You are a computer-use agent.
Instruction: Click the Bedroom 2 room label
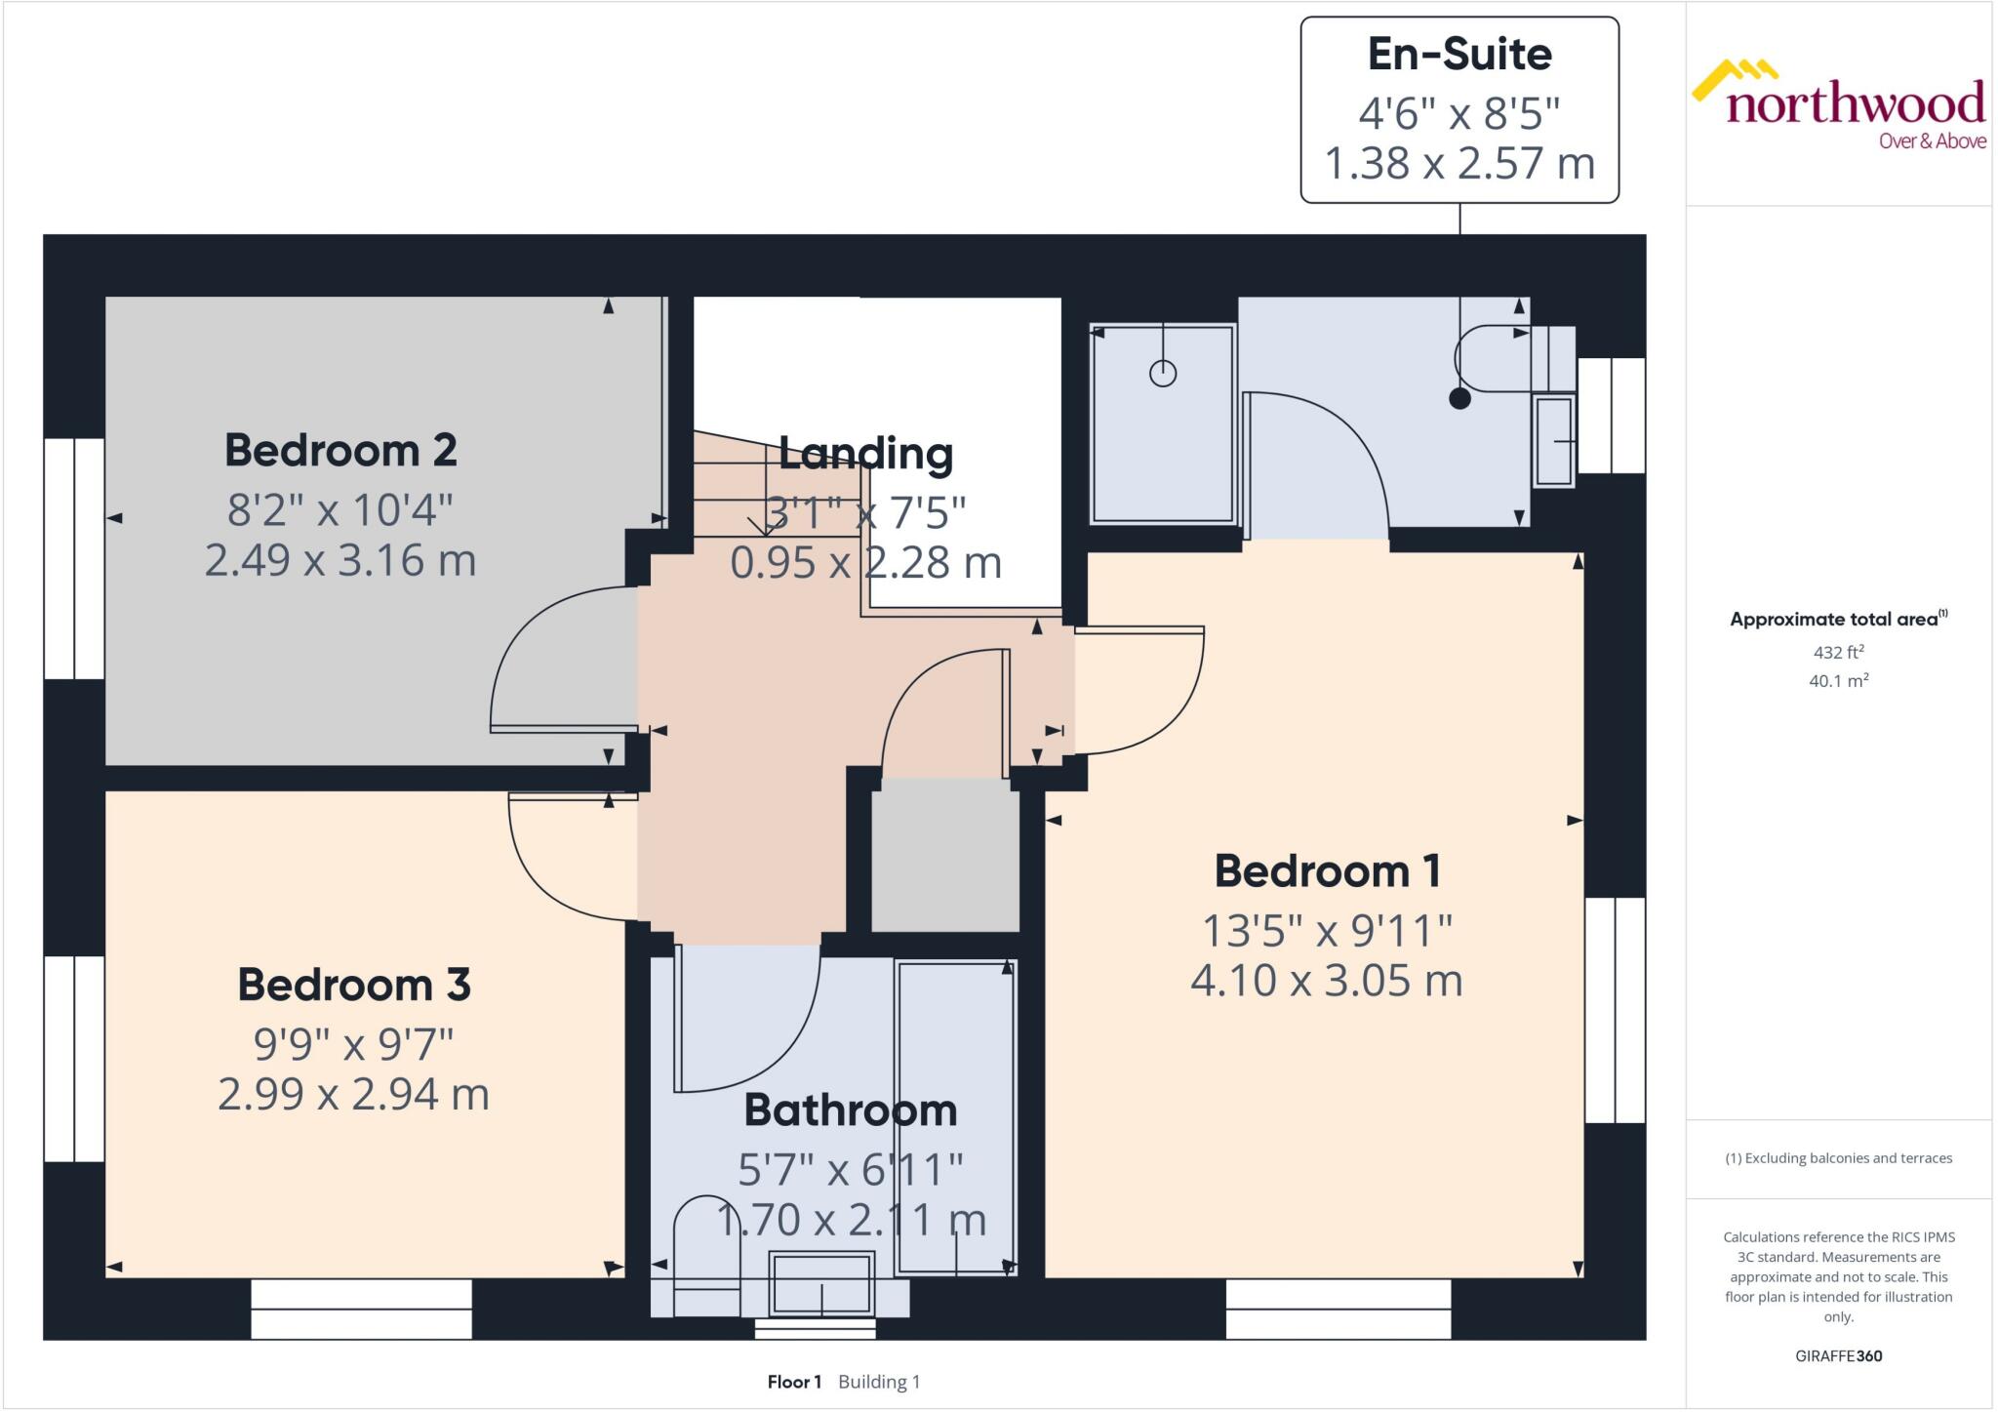coord(340,451)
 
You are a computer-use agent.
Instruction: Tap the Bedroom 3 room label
coord(354,985)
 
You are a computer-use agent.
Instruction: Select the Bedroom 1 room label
coord(1327,871)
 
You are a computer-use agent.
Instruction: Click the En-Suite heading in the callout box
coord(1459,55)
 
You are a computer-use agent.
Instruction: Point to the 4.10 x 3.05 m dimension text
coord(1327,981)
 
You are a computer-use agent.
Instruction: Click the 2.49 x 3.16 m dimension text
coord(340,560)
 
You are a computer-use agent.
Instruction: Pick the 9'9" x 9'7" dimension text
coord(354,1044)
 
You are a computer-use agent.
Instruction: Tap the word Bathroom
coord(850,1110)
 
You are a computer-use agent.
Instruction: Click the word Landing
coord(865,454)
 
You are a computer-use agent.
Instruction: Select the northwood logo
coord(1839,105)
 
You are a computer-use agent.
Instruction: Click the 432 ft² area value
coord(1838,652)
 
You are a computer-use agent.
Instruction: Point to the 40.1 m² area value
coord(1838,680)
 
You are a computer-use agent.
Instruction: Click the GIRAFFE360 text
coord(1838,1355)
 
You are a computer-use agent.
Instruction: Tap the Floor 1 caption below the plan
coord(794,1382)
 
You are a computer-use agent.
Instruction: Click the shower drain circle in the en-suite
coord(1163,373)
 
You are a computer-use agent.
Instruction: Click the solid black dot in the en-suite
coord(1459,398)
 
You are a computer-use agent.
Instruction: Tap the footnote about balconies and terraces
coord(1838,1158)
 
